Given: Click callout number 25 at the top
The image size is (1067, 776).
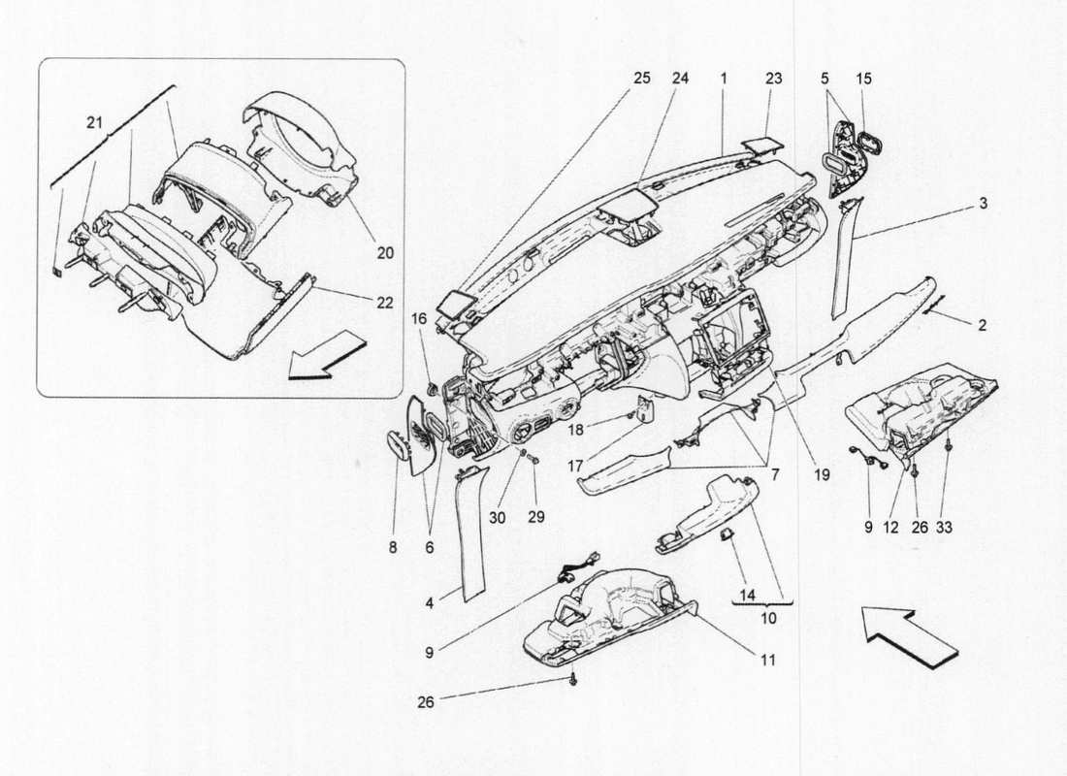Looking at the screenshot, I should (x=642, y=78).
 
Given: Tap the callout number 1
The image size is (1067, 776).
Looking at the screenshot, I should (x=724, y=78).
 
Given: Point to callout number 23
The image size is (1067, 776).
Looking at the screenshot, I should (x=772, y=78).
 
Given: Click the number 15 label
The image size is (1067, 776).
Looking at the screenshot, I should (x=863, y=78).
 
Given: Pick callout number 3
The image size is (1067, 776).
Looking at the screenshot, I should (x=983, y=205).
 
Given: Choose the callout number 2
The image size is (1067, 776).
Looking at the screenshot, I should (x=983, y=327).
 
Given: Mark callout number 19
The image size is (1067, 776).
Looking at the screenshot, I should (x=823, y=476).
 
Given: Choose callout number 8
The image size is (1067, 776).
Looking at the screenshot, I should (x=393, y=547).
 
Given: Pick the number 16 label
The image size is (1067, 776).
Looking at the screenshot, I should (x=419, y=317).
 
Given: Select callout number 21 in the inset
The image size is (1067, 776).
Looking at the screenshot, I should (x=93, y=122).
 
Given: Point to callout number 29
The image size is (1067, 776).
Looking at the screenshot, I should (x=536, y=518).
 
